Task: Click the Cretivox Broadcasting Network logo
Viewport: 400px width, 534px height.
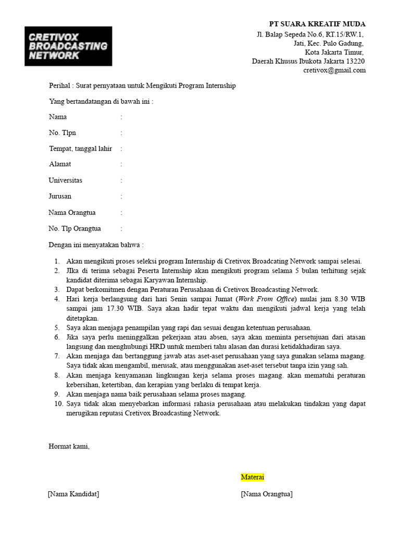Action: tap(68, 46)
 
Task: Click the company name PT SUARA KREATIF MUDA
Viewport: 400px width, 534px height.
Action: tap(317, 24)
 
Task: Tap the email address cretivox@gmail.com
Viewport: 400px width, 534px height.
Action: tap(334, 70)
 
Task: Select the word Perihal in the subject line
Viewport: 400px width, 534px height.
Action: tap(59, 86)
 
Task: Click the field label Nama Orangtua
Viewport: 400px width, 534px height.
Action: tap(72, 213)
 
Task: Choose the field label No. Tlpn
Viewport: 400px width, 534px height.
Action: tap(62, 133)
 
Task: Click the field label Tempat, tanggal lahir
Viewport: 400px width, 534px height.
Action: tap(80, 149)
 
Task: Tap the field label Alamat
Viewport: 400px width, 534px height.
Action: tap(60, 164)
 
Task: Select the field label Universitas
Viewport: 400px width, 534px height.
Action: tap(65, 180)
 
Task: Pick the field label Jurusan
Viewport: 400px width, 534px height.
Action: tap(60, 197)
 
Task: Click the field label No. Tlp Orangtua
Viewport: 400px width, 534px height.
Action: tap(74, 228)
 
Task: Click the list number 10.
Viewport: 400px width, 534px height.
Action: tap(57, 404)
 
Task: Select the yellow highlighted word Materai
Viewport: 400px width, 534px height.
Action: tap(253, 477)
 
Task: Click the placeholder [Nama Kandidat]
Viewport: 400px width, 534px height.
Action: tap(73, 494)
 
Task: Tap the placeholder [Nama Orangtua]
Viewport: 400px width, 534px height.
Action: tap(266, 494)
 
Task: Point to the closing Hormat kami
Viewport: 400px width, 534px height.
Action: tap(69, 446)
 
